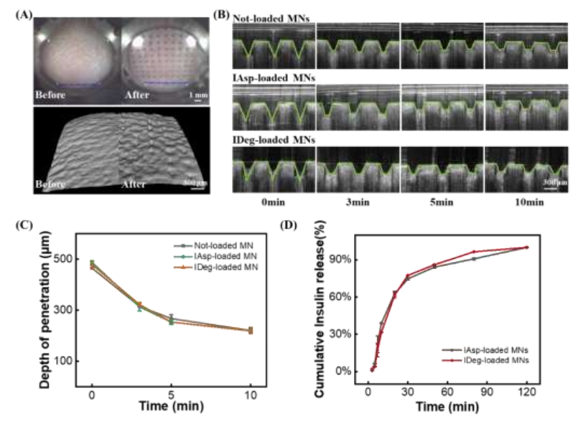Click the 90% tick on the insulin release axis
(x=350, y=259)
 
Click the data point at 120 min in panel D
(x=527, y=247)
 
